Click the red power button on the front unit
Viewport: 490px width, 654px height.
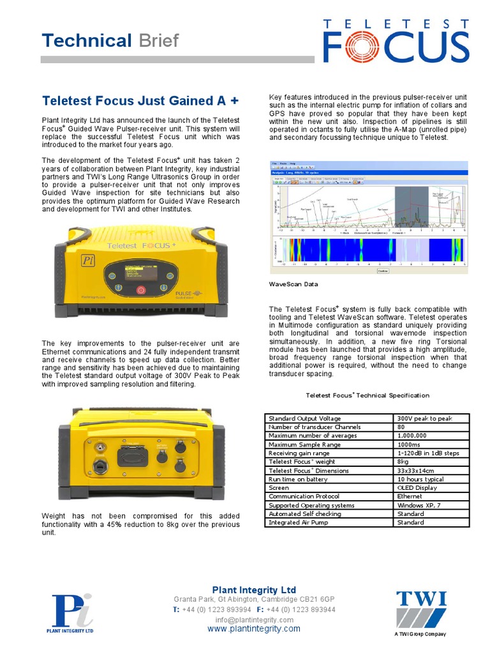pos(142,289)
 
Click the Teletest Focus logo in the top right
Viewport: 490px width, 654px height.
pos(395,41)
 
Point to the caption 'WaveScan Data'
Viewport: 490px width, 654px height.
pos(292,284)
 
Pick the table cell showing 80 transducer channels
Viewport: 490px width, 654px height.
pos(431,427)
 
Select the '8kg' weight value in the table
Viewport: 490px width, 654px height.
pos(431,461)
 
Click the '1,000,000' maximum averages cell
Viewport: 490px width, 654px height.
pos(431,436)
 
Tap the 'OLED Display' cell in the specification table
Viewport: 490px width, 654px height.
pos(431,487)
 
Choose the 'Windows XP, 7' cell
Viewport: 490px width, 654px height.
pos(431,505)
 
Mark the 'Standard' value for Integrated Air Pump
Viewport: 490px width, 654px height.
pos(431,522)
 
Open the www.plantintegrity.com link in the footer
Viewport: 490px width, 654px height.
pos(254,629)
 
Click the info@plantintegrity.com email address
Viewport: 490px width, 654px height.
pos(254,620)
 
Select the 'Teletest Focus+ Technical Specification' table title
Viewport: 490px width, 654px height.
pos(367,395)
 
